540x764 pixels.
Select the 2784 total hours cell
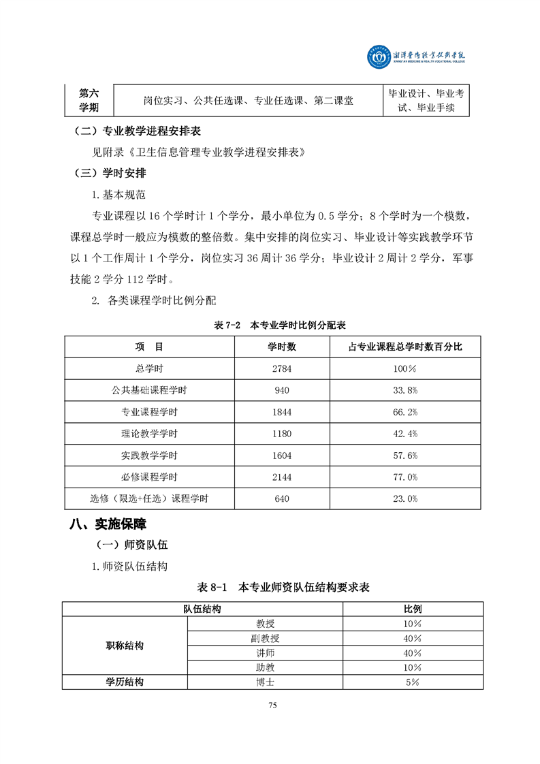pos(281,368)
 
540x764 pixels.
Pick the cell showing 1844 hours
pos(281,412)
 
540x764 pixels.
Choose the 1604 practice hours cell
pos(281,456)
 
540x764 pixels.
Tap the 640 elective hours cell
pos(281,499)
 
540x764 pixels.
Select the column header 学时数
pos(281,347)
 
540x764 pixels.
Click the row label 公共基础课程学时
pos(149,390)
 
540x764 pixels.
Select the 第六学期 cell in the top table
pos(89,100)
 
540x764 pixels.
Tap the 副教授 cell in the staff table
pos(265,638)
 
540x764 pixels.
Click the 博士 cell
pos(265,682)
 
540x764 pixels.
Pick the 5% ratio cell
pos(412,682)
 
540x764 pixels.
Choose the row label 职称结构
pos(125,646)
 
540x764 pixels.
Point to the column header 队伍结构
pos(202,609)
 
